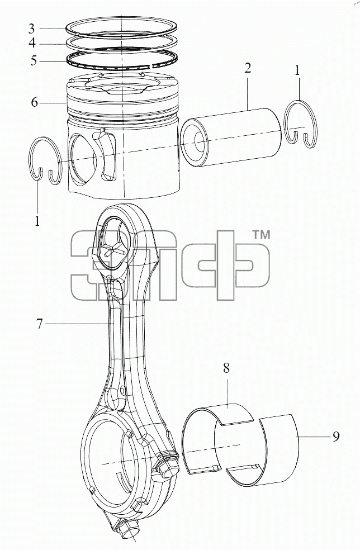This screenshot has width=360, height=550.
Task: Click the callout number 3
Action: (32, 29)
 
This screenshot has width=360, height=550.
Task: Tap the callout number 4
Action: (32, 44)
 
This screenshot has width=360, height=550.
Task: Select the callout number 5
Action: (34, 60)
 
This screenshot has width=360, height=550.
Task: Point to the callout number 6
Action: (34, 102)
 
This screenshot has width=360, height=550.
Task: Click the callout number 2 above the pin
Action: (248, 68)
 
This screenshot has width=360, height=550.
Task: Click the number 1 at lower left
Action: (37, 221)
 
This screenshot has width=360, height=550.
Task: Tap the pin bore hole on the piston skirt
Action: (83, 160)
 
